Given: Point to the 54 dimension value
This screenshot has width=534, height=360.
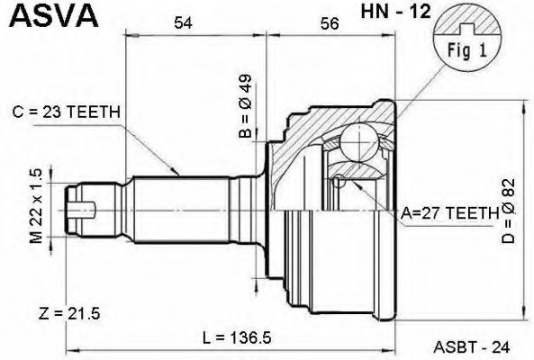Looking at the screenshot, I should (184, 25).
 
